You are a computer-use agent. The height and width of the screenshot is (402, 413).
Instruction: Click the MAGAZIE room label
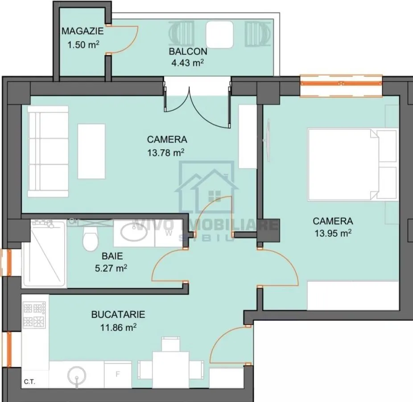(83, 31)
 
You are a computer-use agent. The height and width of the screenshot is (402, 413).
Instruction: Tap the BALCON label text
(188, 51)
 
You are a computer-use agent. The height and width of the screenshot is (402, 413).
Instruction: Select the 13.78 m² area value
(165, 152)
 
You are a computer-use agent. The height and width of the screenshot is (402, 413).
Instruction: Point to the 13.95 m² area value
(333, 234)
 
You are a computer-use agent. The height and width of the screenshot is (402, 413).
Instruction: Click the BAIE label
(112, 256)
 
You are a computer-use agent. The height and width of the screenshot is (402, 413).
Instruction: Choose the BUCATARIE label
(118, 314)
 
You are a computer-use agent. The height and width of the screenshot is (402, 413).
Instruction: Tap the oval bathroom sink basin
(134, 232)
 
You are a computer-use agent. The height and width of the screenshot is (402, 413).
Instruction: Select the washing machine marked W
(169, 234)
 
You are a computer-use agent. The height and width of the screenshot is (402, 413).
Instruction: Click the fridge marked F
(118, 374)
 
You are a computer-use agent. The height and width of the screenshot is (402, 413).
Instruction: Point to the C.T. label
(29, 382)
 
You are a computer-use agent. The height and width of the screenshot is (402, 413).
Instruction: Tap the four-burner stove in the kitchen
(34, 315)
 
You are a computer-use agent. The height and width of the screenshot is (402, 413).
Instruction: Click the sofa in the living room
(48, 151)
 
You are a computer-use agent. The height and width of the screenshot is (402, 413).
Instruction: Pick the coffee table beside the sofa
(91, 151)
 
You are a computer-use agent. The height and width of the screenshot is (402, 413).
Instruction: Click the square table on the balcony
(219, 34)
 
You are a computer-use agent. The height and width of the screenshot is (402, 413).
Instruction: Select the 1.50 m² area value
(83, 45)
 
